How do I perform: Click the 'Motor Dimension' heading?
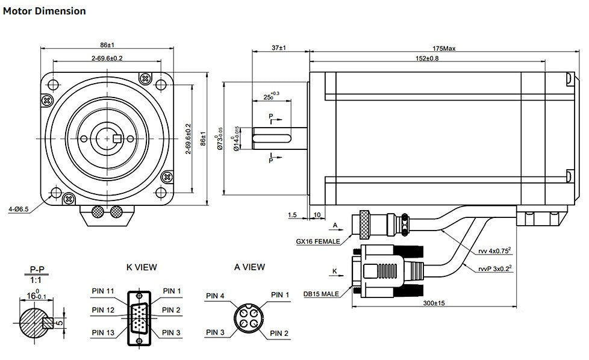tap(45, 11)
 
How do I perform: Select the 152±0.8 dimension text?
tap(427, 58)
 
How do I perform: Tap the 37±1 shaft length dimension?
tap(279, 48)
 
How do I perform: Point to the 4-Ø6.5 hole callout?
tap(18, 209)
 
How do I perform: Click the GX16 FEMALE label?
tap(318, 241)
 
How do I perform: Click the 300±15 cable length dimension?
tap(434, 303)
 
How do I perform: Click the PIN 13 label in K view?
tap(103, 333)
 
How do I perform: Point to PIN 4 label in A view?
tap(215, 296)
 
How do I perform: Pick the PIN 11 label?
tap(103, 291)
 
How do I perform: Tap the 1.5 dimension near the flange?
tap(293, 214)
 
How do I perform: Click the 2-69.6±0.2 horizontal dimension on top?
tap(107, 58)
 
